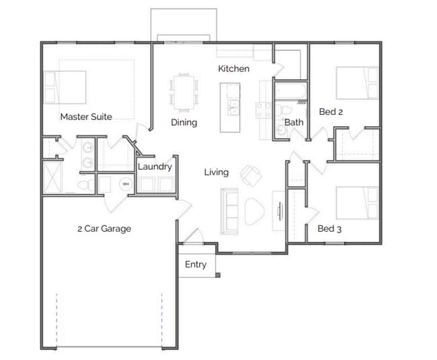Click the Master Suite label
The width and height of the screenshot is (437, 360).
(x=86, y=117)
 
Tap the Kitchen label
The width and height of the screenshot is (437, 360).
(x=234, y=69)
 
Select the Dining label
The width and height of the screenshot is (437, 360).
(x=184, y=122)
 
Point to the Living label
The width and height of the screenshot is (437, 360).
(x=216, y=172)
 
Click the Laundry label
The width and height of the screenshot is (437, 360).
(x=155, y=167)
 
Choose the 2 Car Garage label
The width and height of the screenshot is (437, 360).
(x=104, y=228)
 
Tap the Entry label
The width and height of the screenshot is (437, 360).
(x=196, y=265)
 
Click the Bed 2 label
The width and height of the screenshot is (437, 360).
(x=331, y=112)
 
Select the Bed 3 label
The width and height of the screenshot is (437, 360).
(x=329, y=229)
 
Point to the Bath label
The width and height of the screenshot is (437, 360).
(x=294, y=122)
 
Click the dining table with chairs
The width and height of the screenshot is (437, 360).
(x=184, y=91)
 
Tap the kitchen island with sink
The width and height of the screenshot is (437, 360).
(x=231, y=107)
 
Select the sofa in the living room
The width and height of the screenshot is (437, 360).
(x=230, y=210)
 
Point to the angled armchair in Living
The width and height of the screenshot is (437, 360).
(x=251, y=175)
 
